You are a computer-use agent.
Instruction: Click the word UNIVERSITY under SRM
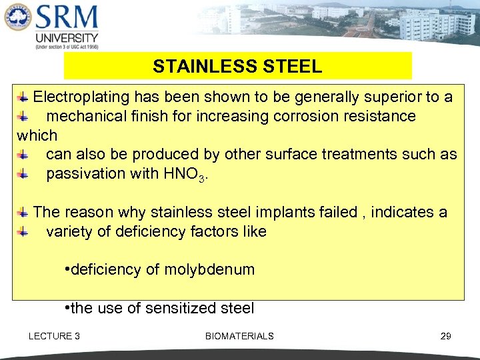[x=67, y=38]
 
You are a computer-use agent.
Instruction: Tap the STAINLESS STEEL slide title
[x=237, y=67]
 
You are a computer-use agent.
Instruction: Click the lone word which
[x=37, y=135]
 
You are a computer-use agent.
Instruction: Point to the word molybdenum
[x=209, y=270]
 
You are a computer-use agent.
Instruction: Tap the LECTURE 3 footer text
[x=54, y=336]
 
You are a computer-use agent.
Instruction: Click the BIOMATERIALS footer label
[x=239, y=336]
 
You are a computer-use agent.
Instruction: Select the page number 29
[x=445, y=336]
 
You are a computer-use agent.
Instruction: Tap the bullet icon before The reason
[x=23, y=213]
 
